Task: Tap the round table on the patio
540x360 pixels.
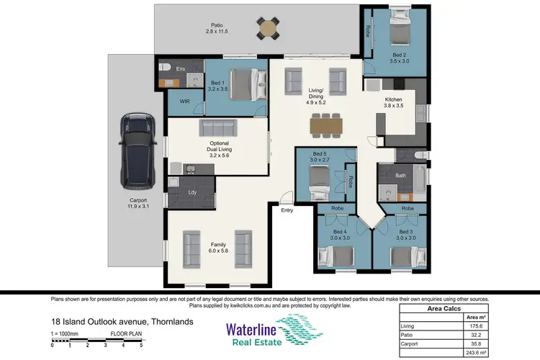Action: (x=267, y=29)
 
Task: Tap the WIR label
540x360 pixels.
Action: (x=184, y=102)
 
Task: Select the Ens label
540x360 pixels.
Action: (x=180, y=68)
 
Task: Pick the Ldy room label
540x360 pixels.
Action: (x=192, y=192)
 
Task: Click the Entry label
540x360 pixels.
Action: (x=287, y=211)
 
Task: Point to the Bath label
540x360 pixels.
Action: (x=401, y=175)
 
